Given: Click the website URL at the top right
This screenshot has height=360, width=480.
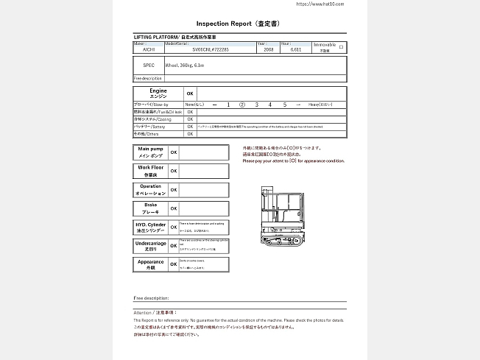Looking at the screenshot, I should (x=319, y=4).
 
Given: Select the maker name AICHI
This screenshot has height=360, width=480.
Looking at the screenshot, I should (x=148, y=50).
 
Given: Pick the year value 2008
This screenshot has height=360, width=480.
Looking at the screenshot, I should (x=268, y=50).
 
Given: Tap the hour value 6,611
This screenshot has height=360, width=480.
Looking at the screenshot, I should (x=296, y=50).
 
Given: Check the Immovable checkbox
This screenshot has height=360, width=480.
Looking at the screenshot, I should (x=341, y=46).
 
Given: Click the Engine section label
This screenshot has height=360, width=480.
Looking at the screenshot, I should (x=158, y=93).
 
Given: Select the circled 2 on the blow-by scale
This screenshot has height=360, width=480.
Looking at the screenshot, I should (x=242, y=105).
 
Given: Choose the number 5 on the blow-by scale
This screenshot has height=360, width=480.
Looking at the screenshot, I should (x=284, y=105).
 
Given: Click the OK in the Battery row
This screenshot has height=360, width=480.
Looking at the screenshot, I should (x=190, y=127).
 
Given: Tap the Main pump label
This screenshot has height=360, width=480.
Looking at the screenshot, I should (x=150, y=152).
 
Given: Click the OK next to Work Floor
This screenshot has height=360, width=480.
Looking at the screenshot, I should (x=174, y=171).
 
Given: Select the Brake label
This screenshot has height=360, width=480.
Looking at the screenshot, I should (x=150, y=208).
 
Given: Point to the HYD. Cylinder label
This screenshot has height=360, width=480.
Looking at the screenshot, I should (x=150, y=227).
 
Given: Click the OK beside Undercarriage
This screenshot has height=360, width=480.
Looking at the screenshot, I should (x=174, y=245).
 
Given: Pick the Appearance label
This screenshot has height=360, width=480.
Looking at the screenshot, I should (x=150, y=264).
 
